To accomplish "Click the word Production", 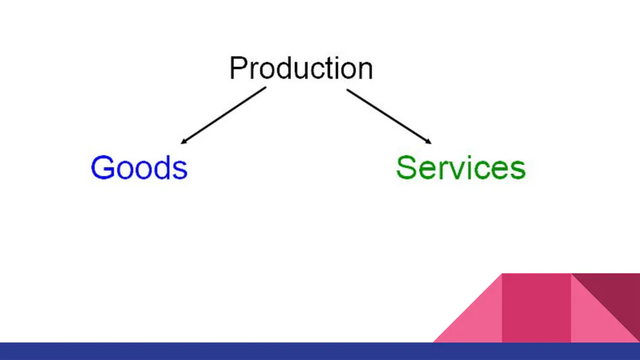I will pos(301,68).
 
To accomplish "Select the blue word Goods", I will pos(139,168).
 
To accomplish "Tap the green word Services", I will pos(460,168).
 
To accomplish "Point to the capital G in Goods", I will pos(102,168).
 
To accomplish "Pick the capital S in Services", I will pos(407,168).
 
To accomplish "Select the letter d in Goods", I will pos(162,167).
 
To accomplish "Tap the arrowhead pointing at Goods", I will pos(184,141).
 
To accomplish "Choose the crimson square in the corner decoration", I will pos(536,307).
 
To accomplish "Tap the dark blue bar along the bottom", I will pos(320,351).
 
